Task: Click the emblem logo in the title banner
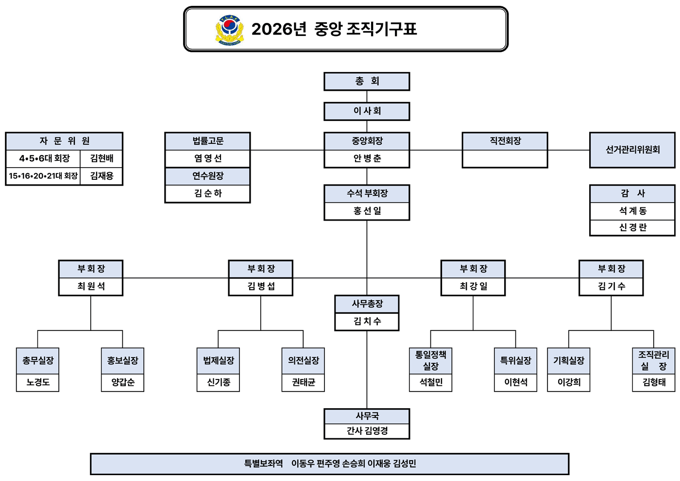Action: tap(230, 30)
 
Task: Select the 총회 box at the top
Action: tap(367, 82)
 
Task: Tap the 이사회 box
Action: tap(367, 111)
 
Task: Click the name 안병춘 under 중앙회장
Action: tap(367, 159)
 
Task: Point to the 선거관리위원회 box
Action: tap(632, 150)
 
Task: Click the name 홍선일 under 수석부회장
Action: tap(367, 211)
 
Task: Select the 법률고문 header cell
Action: tap(207, 141)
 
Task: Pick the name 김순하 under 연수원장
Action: tap(207, 193)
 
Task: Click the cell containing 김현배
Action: tap(102, 158)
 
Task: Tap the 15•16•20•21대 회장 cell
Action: tap(43, 176)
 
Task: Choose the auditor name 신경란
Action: tap(632, 227)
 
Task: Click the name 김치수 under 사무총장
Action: tap(367, 322)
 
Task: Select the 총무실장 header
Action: tap(38, 361)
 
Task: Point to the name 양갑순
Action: tap(122, 382)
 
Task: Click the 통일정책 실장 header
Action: tap(430, 361)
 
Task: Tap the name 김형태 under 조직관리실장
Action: tap(654, 382)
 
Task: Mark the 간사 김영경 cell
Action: tap(367, 431)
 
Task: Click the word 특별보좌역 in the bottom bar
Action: tap(263, 464)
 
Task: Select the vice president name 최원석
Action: tap(91, 287)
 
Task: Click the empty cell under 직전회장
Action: tap(505, 159)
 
